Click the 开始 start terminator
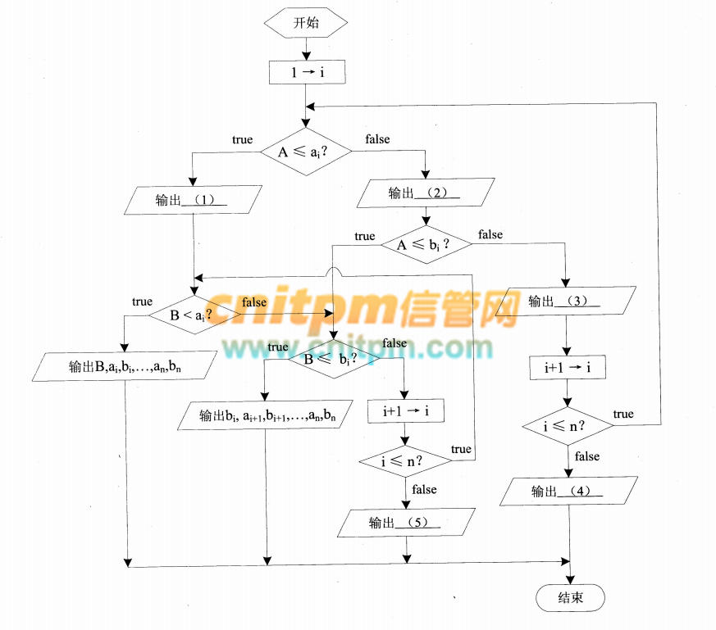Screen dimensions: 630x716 click(x=306, y=24)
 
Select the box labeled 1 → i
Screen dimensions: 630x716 click(x=307, y=73)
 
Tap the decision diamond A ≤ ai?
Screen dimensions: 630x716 click(x=306, y=152)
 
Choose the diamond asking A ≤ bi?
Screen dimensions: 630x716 click(x=426, y=244)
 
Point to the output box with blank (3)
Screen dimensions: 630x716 click(x=566, y=301)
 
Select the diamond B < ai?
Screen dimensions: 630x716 click(x=193, y=315)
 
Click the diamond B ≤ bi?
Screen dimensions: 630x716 click(x=334, y=359)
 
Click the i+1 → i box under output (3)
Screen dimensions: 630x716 click(x=566, y=369)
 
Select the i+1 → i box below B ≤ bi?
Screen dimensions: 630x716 click(x=406, y=410)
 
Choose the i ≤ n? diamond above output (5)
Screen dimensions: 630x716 click(x=406, y=461)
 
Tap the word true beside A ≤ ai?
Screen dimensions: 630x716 click(x=242, y=140)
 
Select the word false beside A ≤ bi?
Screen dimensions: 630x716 click(x=490, y=234)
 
